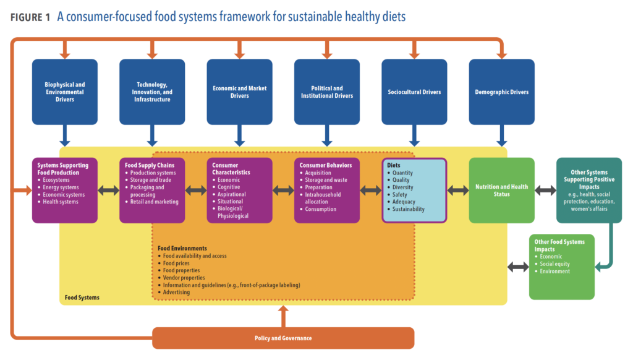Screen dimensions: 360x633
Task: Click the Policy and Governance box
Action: (x=283, y=338)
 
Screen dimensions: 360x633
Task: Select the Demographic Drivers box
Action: (x=501, y=92)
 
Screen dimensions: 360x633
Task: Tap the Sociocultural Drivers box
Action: (x=414, y=92)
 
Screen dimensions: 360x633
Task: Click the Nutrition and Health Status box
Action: (x=501, y=191)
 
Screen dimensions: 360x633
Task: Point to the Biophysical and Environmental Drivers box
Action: (x=65, y=92)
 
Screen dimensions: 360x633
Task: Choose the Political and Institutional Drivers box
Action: (x=327, y=92)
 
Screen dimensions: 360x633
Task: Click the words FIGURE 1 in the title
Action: (x=30, y=17)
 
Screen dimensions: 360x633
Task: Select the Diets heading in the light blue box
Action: (x=394, y=166)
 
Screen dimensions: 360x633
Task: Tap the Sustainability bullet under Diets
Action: (x=408, y=209)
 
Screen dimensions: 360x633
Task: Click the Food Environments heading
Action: (x=182, y=249)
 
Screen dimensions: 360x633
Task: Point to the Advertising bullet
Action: (x=176, y=292)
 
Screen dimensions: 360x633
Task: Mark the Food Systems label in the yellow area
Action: (x=82, y=298)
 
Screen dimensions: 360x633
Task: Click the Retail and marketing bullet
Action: (x=154, y=202)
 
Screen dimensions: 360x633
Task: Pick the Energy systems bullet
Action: (x=61, y=187)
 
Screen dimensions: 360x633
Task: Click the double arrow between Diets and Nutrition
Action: (x=457, y=191)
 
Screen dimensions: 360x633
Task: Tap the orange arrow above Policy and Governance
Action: (x=283, y=315)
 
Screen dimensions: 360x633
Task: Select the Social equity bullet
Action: (x=554, y=264)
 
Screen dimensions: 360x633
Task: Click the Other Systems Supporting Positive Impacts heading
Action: (x=588, y=179)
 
